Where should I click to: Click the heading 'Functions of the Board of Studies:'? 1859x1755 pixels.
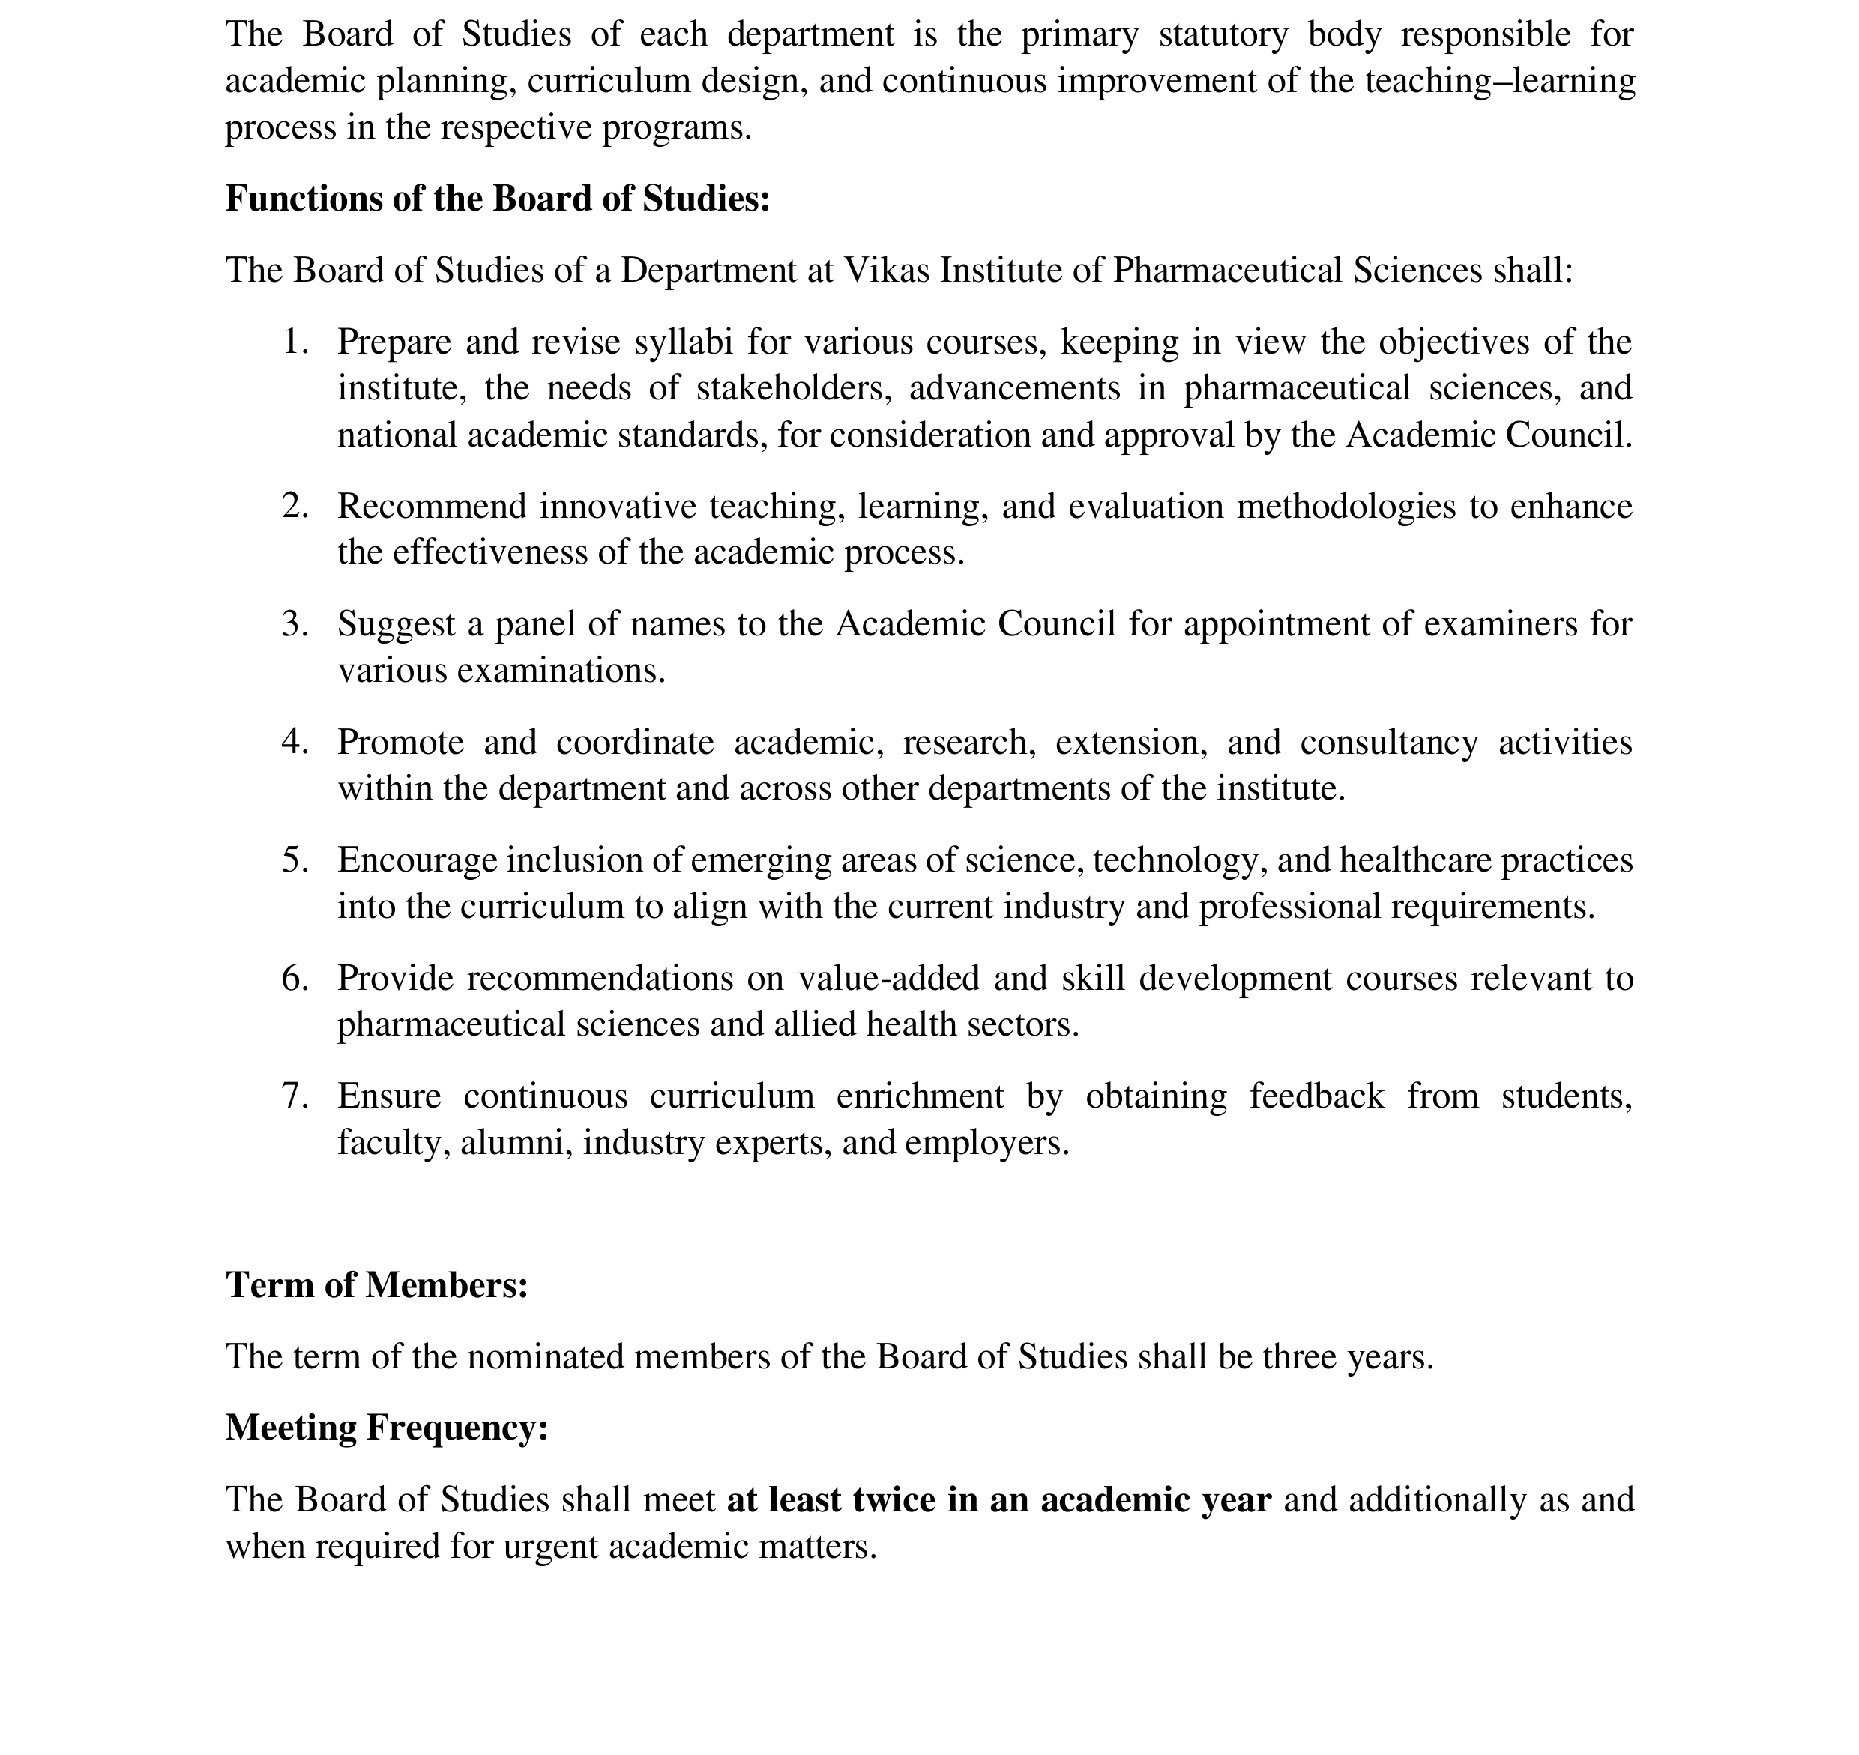pyautogui.click(x=497, y=199)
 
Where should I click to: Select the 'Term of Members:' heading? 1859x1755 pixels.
pyautogui.click(x=376, y=1285)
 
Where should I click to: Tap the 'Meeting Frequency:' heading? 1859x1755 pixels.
pyautogui.click(x=386, y=1428)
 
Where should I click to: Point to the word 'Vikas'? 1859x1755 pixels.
pyautogui.click(x=887, y=271)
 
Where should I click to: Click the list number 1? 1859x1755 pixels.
pyautogui.click(x=295, y=342)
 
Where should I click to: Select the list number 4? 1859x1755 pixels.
pyautogui.click(x=295, y=742)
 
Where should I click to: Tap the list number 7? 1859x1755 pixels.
pyautogui.click(x=295, y=1096)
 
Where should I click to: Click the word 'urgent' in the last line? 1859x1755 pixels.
pyautogui.click(x=550, y=1547)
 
